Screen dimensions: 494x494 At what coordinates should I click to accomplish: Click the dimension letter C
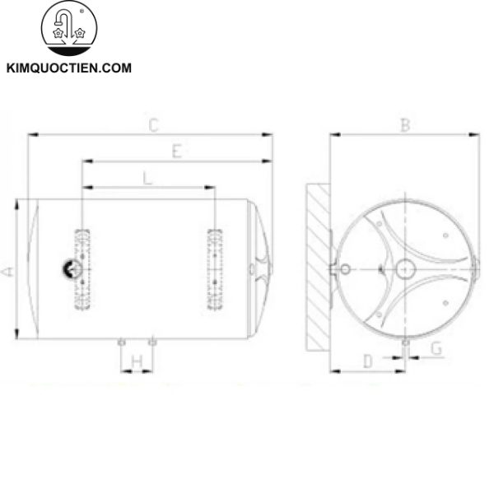[x=152, y=126]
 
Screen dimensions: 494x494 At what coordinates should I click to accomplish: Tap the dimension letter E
[x=176, y=151]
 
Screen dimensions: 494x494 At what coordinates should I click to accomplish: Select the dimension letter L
[x=147, y=177]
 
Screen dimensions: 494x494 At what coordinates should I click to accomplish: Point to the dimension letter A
[x=7, y=270]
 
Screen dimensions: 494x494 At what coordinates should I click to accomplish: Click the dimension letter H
[x=137, y=360]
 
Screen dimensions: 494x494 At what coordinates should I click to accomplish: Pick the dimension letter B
[x=404, y=126]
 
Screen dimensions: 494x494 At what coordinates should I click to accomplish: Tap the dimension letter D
[x=368, y=360]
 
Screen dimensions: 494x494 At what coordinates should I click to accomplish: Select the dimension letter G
[x=436, y=350]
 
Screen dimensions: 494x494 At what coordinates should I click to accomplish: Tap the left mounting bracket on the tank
[x=82, y=270]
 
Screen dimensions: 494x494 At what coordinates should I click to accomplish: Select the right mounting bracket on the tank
[x=215, y=270]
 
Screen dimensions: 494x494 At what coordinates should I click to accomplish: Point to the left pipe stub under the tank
[x=121, y=340]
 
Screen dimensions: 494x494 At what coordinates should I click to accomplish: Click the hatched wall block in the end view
[x=317, y=268]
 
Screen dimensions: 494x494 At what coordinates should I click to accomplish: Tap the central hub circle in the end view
[x=405, y=268]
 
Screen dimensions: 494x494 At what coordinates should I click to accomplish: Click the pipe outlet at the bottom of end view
[x=406, y=342]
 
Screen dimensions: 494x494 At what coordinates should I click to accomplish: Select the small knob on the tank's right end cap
[x=251, y=268]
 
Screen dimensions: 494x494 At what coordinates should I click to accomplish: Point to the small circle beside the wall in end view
[x=346, y=268]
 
